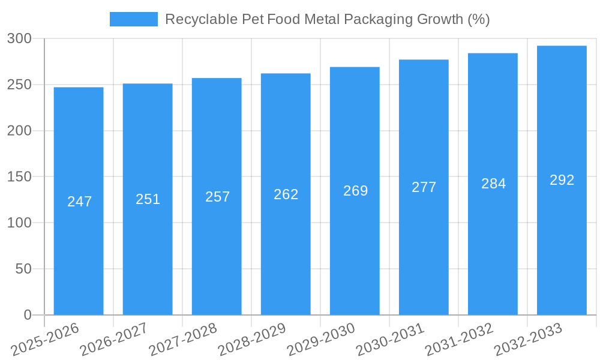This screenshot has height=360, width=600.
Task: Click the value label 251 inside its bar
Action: pyautogui.click(x=148, y=199)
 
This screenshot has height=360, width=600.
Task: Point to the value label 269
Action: pyautogui.click(x=355, y=191)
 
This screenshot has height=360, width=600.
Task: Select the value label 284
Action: pyautogui.click(x=493, y=184)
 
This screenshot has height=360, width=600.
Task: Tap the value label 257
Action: pyautogui.click(x=217, y=197)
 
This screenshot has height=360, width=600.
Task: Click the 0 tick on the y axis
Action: pyautogui.click(x=27, y=315)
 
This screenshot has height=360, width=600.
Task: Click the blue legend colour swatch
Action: pyautogui.click(x=133, y=19)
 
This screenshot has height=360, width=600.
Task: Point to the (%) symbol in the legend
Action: pyautogui.click(x=478, y=19)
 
